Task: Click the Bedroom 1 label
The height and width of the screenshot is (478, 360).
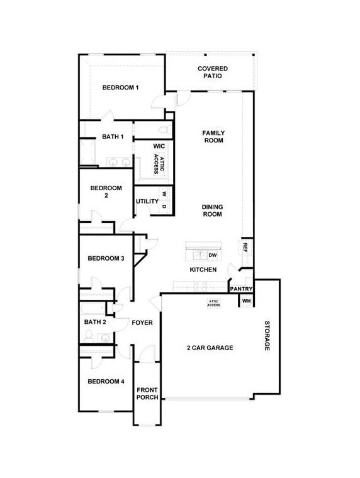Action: pos(120,88)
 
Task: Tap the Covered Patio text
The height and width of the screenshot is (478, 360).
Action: pos(213,72)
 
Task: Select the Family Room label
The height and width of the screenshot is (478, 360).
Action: pos(213,137)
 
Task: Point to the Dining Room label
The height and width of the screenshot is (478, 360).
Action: pos(212,210)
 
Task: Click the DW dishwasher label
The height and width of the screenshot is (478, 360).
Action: pos(213,255)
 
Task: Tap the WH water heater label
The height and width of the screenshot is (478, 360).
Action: pos(246,301)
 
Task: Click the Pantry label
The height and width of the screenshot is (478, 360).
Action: pos(241,289)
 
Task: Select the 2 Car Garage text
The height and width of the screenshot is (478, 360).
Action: pos(210,348)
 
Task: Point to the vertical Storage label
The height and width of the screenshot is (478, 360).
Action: pos(267,336)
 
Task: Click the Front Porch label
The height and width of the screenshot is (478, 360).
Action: pos(147,394)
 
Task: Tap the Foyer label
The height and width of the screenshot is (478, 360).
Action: pos(142,322)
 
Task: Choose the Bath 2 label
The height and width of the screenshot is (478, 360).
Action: pos(95,322)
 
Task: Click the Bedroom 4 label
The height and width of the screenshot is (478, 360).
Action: pos(106,382)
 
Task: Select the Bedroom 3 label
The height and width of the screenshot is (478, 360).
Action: pos(106,258)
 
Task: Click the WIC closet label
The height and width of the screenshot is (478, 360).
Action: pos(159,146)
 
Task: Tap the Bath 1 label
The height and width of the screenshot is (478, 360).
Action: pos(113,137)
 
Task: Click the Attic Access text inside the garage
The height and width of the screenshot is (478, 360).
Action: pos(214,304)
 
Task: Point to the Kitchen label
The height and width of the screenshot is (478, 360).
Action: pos(203,270)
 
